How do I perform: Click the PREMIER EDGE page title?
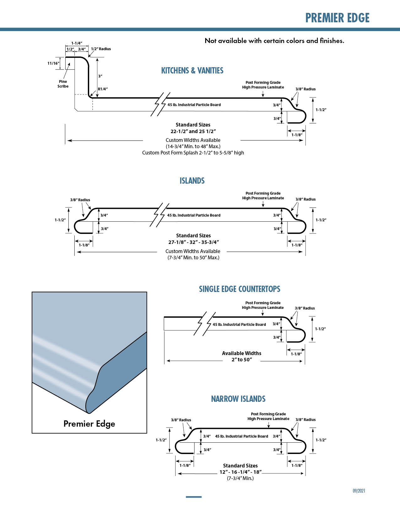(337, 18)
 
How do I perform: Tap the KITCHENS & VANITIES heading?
(192, 71)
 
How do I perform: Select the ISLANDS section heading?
(192, 181)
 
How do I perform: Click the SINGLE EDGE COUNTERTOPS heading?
(239, 289)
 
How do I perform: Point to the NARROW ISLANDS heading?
(238, 399)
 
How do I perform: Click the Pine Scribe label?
(63, 84)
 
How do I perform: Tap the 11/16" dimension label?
(53, 63)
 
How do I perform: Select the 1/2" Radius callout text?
(101, 49)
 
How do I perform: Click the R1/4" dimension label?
(103, 89)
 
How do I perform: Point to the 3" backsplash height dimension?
(100, 76)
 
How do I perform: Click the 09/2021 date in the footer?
(359, 491)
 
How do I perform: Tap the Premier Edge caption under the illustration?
(89, 424)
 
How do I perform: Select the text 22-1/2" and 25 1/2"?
(193, 131)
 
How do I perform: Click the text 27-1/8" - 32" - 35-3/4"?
(194, 242)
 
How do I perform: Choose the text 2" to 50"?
(242, 359)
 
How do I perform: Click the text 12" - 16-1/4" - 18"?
(240, 472)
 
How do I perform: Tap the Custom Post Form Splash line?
(193, 153)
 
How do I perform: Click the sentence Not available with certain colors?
(275, 41)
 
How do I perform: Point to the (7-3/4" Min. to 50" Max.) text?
(193, 257)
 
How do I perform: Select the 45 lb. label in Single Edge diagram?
(239, 324)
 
